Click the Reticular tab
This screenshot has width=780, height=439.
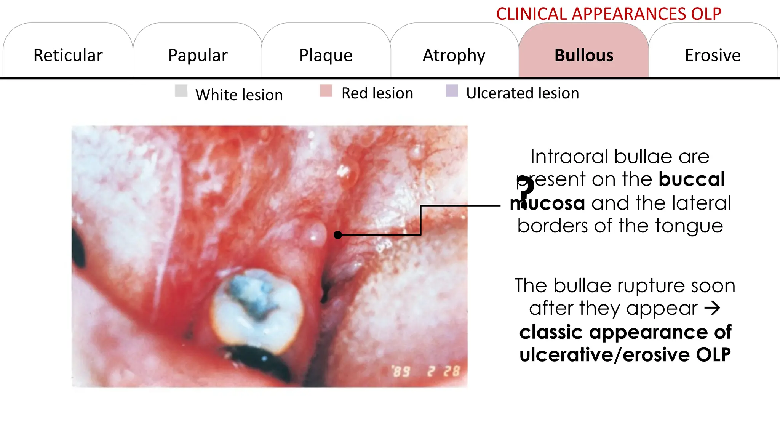pyautogui.click(x=68, y=55)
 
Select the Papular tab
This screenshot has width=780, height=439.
pyautogui.click(x=198, y=55)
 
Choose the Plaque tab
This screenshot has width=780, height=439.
pyautogui.click(x=326, y=55)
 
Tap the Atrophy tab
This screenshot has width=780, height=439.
pyautogui.click(x=454, y=55)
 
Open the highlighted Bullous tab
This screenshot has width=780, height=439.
pyautogui.click(x=584, y=55)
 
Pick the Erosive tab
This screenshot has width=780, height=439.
pyautogui.click(x=713, y=55)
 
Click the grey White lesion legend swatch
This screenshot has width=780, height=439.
pyautogui.click(x=181, y=91)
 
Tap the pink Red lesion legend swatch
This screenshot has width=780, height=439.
pyautogui.click(x=326, y=91)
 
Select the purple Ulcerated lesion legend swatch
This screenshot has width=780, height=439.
pyautogui.click(x=452, y=91)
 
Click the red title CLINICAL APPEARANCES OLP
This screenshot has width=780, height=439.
pyautogui.click(x=609, y=14)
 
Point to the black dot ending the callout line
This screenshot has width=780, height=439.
pyautogui.click(x=337, y=235)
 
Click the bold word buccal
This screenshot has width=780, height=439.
pyautogui.click(x=692, y=179)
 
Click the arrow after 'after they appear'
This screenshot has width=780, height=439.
pyautogui.click(x=712, y=308)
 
